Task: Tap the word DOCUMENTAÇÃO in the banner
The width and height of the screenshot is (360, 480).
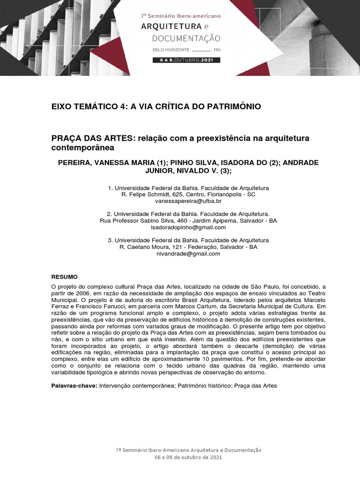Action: [180, 37]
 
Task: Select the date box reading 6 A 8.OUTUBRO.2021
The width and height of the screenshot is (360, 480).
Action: [186, 60]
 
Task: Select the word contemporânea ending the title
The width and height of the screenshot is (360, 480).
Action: [82, 148]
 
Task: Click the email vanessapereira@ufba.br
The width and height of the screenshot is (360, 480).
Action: [188, 201]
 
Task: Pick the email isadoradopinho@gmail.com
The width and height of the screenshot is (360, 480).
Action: [188, 227]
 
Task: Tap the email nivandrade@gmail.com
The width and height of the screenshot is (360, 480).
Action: [188, 254]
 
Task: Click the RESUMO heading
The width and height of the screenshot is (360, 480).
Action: [64, 277]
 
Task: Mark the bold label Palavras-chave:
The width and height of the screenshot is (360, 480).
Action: [74, 386]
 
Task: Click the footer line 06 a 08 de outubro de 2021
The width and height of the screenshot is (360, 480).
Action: [188, 457]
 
